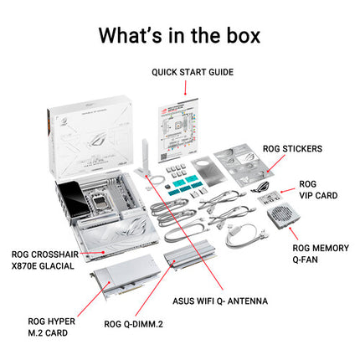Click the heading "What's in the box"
tap(179, 35)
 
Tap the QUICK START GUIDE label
tap(193, 72)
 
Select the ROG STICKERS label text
tap(292, 149)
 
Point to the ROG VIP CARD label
tap(318, 190)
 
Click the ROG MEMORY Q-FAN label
tap(321, 254)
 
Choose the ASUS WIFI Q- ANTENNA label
tap(220, 301)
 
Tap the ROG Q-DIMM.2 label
tap(133, 324)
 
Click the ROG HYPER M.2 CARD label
tap(52, 327)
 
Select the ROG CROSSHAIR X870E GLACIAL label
tap(45, 260)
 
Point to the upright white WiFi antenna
tap(145, 158)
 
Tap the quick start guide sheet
tap(178, 130)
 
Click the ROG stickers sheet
tap(244, 164)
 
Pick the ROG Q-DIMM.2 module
tap(189, 255)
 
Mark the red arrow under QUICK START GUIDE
tap(185, 88)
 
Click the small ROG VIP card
tap(269, 198)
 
